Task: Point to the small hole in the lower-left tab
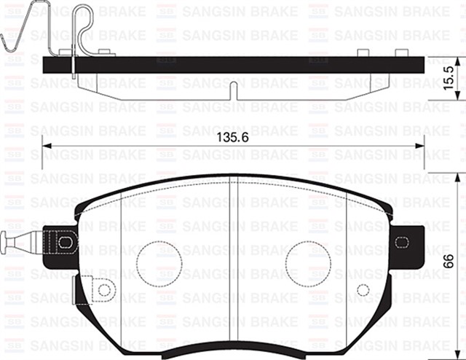click(103, 290)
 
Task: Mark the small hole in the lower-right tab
click(362, 290)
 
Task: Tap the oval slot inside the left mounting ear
click(66, 240)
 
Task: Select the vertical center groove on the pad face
click(233, 262)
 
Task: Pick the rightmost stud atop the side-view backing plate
click(400, 52)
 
